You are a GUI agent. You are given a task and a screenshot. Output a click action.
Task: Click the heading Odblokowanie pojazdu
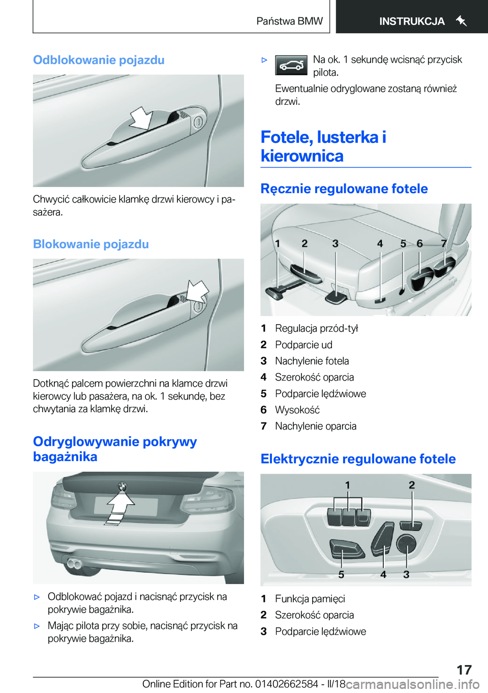[x=99, y=60]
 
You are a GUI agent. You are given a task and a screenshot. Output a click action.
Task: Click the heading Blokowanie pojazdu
[x=91, y=244]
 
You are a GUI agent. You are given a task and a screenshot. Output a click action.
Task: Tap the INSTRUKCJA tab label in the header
[x=412, y=21]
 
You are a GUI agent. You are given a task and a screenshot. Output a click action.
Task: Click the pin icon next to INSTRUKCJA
[x=461, y=21]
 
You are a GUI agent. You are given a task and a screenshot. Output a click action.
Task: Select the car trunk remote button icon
[x=291, y=66]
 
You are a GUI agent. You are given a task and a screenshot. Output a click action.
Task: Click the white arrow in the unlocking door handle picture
[x=141, y=119]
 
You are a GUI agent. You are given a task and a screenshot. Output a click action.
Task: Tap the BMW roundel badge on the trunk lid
[x=122, y=486]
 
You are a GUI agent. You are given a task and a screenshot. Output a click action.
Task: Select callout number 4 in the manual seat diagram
[x=380, y=244]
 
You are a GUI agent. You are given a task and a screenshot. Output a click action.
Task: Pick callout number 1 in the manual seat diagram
[x=278, y=244]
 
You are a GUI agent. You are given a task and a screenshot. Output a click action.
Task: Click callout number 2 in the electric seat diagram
[x=411, y=485]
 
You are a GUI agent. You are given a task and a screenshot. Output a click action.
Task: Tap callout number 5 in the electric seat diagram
[x=341, y=574]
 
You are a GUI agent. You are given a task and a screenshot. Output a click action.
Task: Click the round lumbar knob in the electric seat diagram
[x=406, y=543]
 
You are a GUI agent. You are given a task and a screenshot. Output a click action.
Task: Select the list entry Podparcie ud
[x=303, y=345]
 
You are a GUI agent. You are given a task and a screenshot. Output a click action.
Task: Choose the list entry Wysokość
[x=297, y=410]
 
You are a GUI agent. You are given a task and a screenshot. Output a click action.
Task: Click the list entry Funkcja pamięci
[x=310, y=599]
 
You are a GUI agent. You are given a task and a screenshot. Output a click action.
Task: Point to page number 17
[x=464, y=670]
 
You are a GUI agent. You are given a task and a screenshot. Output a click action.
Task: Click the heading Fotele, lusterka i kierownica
[x=323, y=147]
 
